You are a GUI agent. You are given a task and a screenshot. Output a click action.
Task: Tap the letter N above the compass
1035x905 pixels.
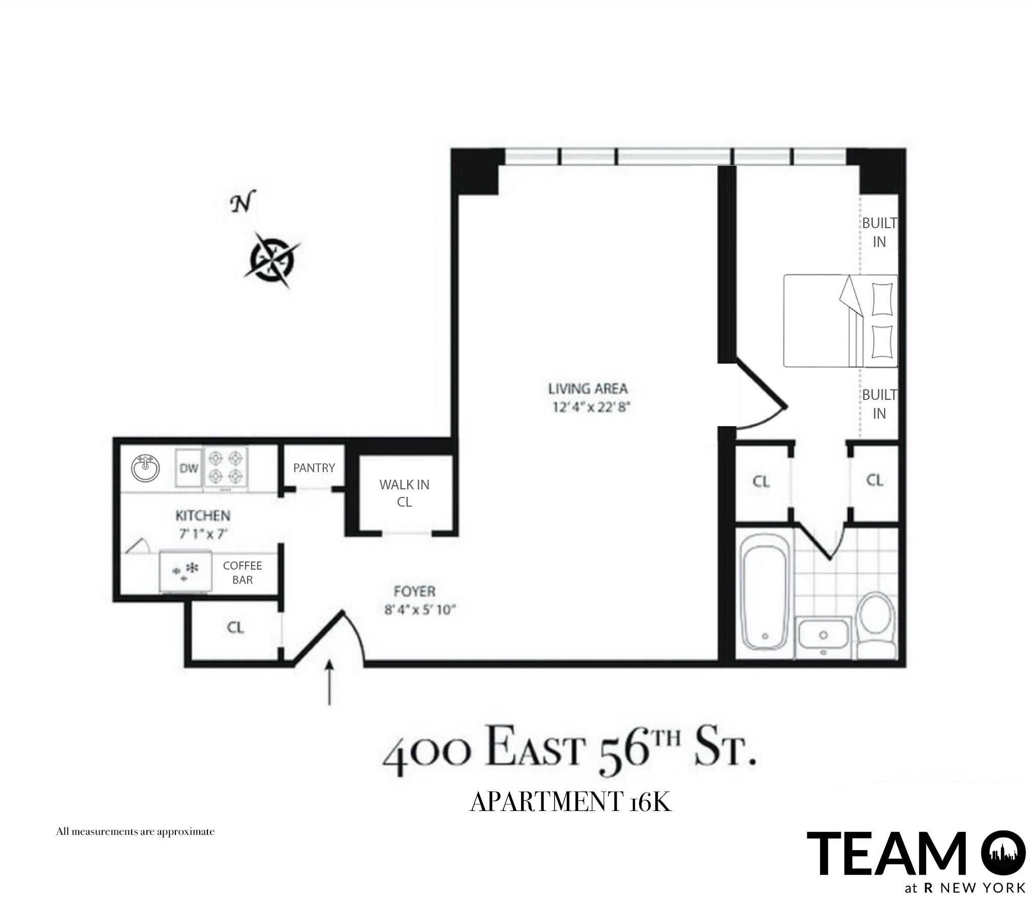click(x=242, y=204)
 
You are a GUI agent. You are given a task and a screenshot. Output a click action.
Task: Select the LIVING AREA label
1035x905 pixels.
click(x=588, y=389)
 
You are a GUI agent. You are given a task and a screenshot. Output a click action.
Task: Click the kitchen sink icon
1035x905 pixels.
click(x=145, y=468)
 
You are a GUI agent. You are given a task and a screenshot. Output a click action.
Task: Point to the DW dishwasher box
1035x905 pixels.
click(x=189, y=468)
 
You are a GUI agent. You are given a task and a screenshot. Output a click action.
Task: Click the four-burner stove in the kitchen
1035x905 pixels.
click(x=226, y=468)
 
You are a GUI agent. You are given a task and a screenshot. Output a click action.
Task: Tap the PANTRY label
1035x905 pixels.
click(x=314, y=468)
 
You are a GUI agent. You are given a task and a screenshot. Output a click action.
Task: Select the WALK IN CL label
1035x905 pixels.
click(x=404, y=493)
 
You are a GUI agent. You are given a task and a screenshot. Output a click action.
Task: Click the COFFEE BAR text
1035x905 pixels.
click(x=242, y=573)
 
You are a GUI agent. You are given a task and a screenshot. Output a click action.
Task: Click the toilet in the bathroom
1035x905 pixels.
click(x=876, y=628)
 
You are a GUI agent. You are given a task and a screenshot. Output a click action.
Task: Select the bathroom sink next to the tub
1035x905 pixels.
click(x=823, y=634)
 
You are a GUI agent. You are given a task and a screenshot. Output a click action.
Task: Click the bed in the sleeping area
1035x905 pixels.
click(x=840, y=321)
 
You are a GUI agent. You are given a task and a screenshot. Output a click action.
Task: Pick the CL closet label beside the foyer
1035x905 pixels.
click(x=235, y=628)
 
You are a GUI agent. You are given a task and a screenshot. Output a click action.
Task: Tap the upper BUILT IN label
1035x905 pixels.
click(x=879, y=232)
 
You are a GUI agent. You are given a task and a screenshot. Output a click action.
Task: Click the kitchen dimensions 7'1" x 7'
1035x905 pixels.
click(x=203, y=534)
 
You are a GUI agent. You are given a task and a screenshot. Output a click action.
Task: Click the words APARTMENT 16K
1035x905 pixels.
click(x=570, y=802)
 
